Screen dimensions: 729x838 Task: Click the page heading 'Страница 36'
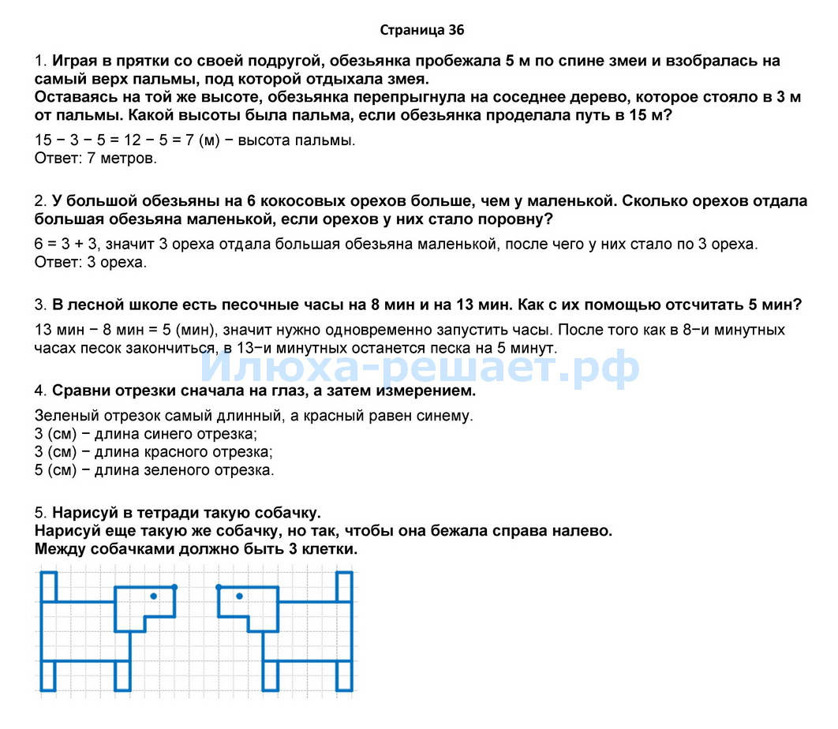[x=422, y=31]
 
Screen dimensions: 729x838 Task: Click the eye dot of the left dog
[x=153, y=596]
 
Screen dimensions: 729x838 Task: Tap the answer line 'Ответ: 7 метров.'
[x=96, y=159]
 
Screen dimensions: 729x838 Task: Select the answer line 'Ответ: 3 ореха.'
[x=91, y=262]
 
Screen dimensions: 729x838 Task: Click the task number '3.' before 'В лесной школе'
[x=41, y=305]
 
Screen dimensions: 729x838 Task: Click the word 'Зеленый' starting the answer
[x=65, y=415]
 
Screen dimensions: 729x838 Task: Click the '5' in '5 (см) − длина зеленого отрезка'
[x=39, y=470]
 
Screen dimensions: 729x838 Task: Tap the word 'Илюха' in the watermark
[x=260, y=368]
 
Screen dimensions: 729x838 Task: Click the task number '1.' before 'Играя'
[x=41, y=62]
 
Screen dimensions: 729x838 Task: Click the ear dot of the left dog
[x=174, y=587]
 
